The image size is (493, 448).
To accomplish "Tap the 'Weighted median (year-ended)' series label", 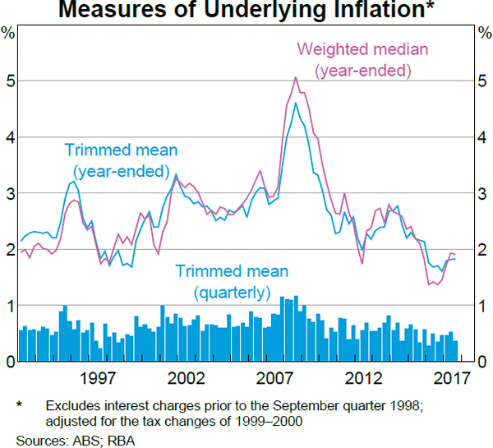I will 362,59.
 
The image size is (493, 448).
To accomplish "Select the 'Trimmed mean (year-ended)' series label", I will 121,160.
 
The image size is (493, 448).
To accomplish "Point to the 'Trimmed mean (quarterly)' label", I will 231,280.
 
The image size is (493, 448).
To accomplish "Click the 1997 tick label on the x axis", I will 96,378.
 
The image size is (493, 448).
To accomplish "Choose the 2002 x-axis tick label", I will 185,378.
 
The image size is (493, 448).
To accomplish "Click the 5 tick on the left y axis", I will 11,81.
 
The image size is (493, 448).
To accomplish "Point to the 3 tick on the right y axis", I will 481,193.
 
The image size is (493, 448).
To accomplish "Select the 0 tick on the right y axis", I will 481,362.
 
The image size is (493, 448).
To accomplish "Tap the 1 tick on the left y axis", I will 11,306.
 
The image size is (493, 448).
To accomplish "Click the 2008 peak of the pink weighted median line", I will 295,77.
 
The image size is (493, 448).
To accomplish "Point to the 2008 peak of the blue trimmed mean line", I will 295,103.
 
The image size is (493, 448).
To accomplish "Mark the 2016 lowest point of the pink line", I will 428,284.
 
